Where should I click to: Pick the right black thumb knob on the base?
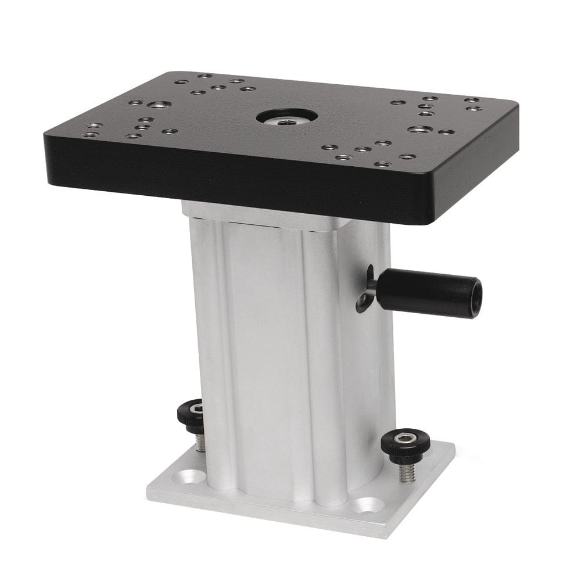406,443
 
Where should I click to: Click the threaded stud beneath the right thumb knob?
406,472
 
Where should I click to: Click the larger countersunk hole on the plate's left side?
159,105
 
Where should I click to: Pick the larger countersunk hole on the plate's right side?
419,128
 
